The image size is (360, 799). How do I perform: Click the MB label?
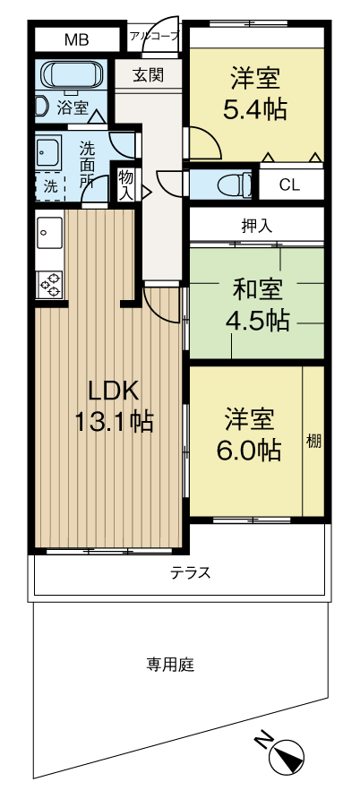[x=77, y=39]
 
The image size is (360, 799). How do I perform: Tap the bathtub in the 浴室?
[x=72, y=74]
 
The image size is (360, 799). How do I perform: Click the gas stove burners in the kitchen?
[x=50, y=284]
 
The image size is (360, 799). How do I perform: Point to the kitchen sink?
[x=50, y=232]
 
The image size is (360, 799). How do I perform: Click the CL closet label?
[x=289, y=185]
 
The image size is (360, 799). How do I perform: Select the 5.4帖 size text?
[x=254, y=109]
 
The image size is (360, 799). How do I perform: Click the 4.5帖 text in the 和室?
[x=258, y=321]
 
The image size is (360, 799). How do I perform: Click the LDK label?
[x=114, y=391]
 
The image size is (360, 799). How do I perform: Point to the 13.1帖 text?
[x=114, y=421]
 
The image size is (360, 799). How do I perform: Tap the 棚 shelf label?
[x=313, y=442]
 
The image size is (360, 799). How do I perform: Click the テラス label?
[x=191, y=572]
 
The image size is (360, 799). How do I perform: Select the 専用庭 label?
[x=170, y=665]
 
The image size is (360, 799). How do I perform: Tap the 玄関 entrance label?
[x=148, y=75]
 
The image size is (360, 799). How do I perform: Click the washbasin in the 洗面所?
[x=49, y=151]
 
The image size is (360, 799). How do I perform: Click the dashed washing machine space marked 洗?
[x=50, y=185]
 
